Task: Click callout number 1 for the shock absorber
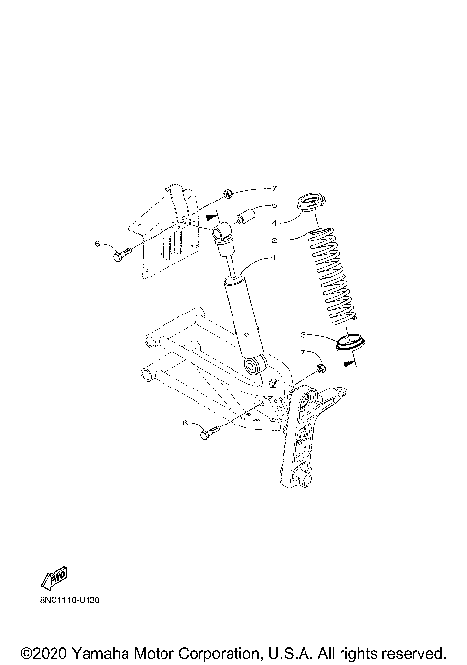pyautogui.click(x=274, y=256)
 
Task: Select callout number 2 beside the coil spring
pyautogui.click(x=274, y=239)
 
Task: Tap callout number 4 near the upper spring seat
pyautogui.click(x=274, y=222)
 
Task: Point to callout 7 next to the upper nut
pyautogui.click(x=275, y=187)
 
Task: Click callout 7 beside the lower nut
pyautogui.click(x=303, y=351)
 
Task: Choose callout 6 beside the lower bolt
pyautogui.click(x=185, y=424)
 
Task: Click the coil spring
pyautogui.click(x=332, y=278)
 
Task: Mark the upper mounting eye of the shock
pyautogui.click(x=222, y=232)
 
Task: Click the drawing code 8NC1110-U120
pyautogui.click(x=70, y=600)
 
